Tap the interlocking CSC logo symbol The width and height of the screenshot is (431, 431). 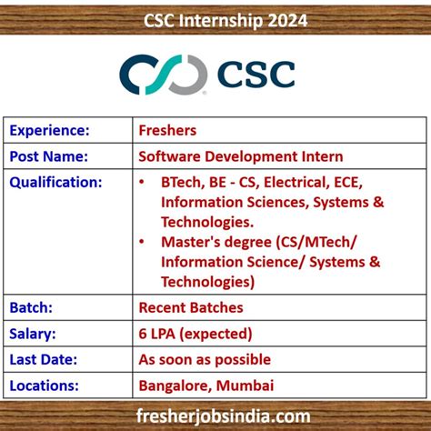[164, 75]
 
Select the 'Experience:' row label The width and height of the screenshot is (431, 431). [50, 130]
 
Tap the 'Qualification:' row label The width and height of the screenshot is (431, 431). [56, 181]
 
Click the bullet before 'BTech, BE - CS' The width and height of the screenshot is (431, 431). [142, 182]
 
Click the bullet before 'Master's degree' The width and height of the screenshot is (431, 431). [142, 242]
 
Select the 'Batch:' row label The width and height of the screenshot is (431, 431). [32, 308]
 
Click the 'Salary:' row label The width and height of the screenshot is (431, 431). [34, 334]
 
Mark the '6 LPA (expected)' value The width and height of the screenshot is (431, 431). [195, 334]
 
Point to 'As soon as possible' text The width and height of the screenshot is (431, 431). [205, 359]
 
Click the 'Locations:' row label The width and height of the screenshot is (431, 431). [47, 385]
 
